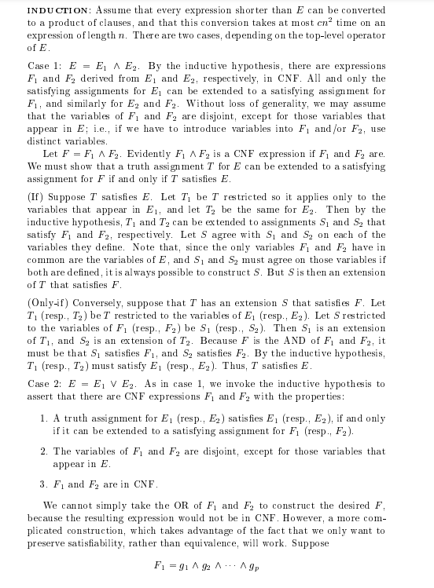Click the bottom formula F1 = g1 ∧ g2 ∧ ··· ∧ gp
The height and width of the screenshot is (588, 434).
pyautogui.click(x=206, y=567)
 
